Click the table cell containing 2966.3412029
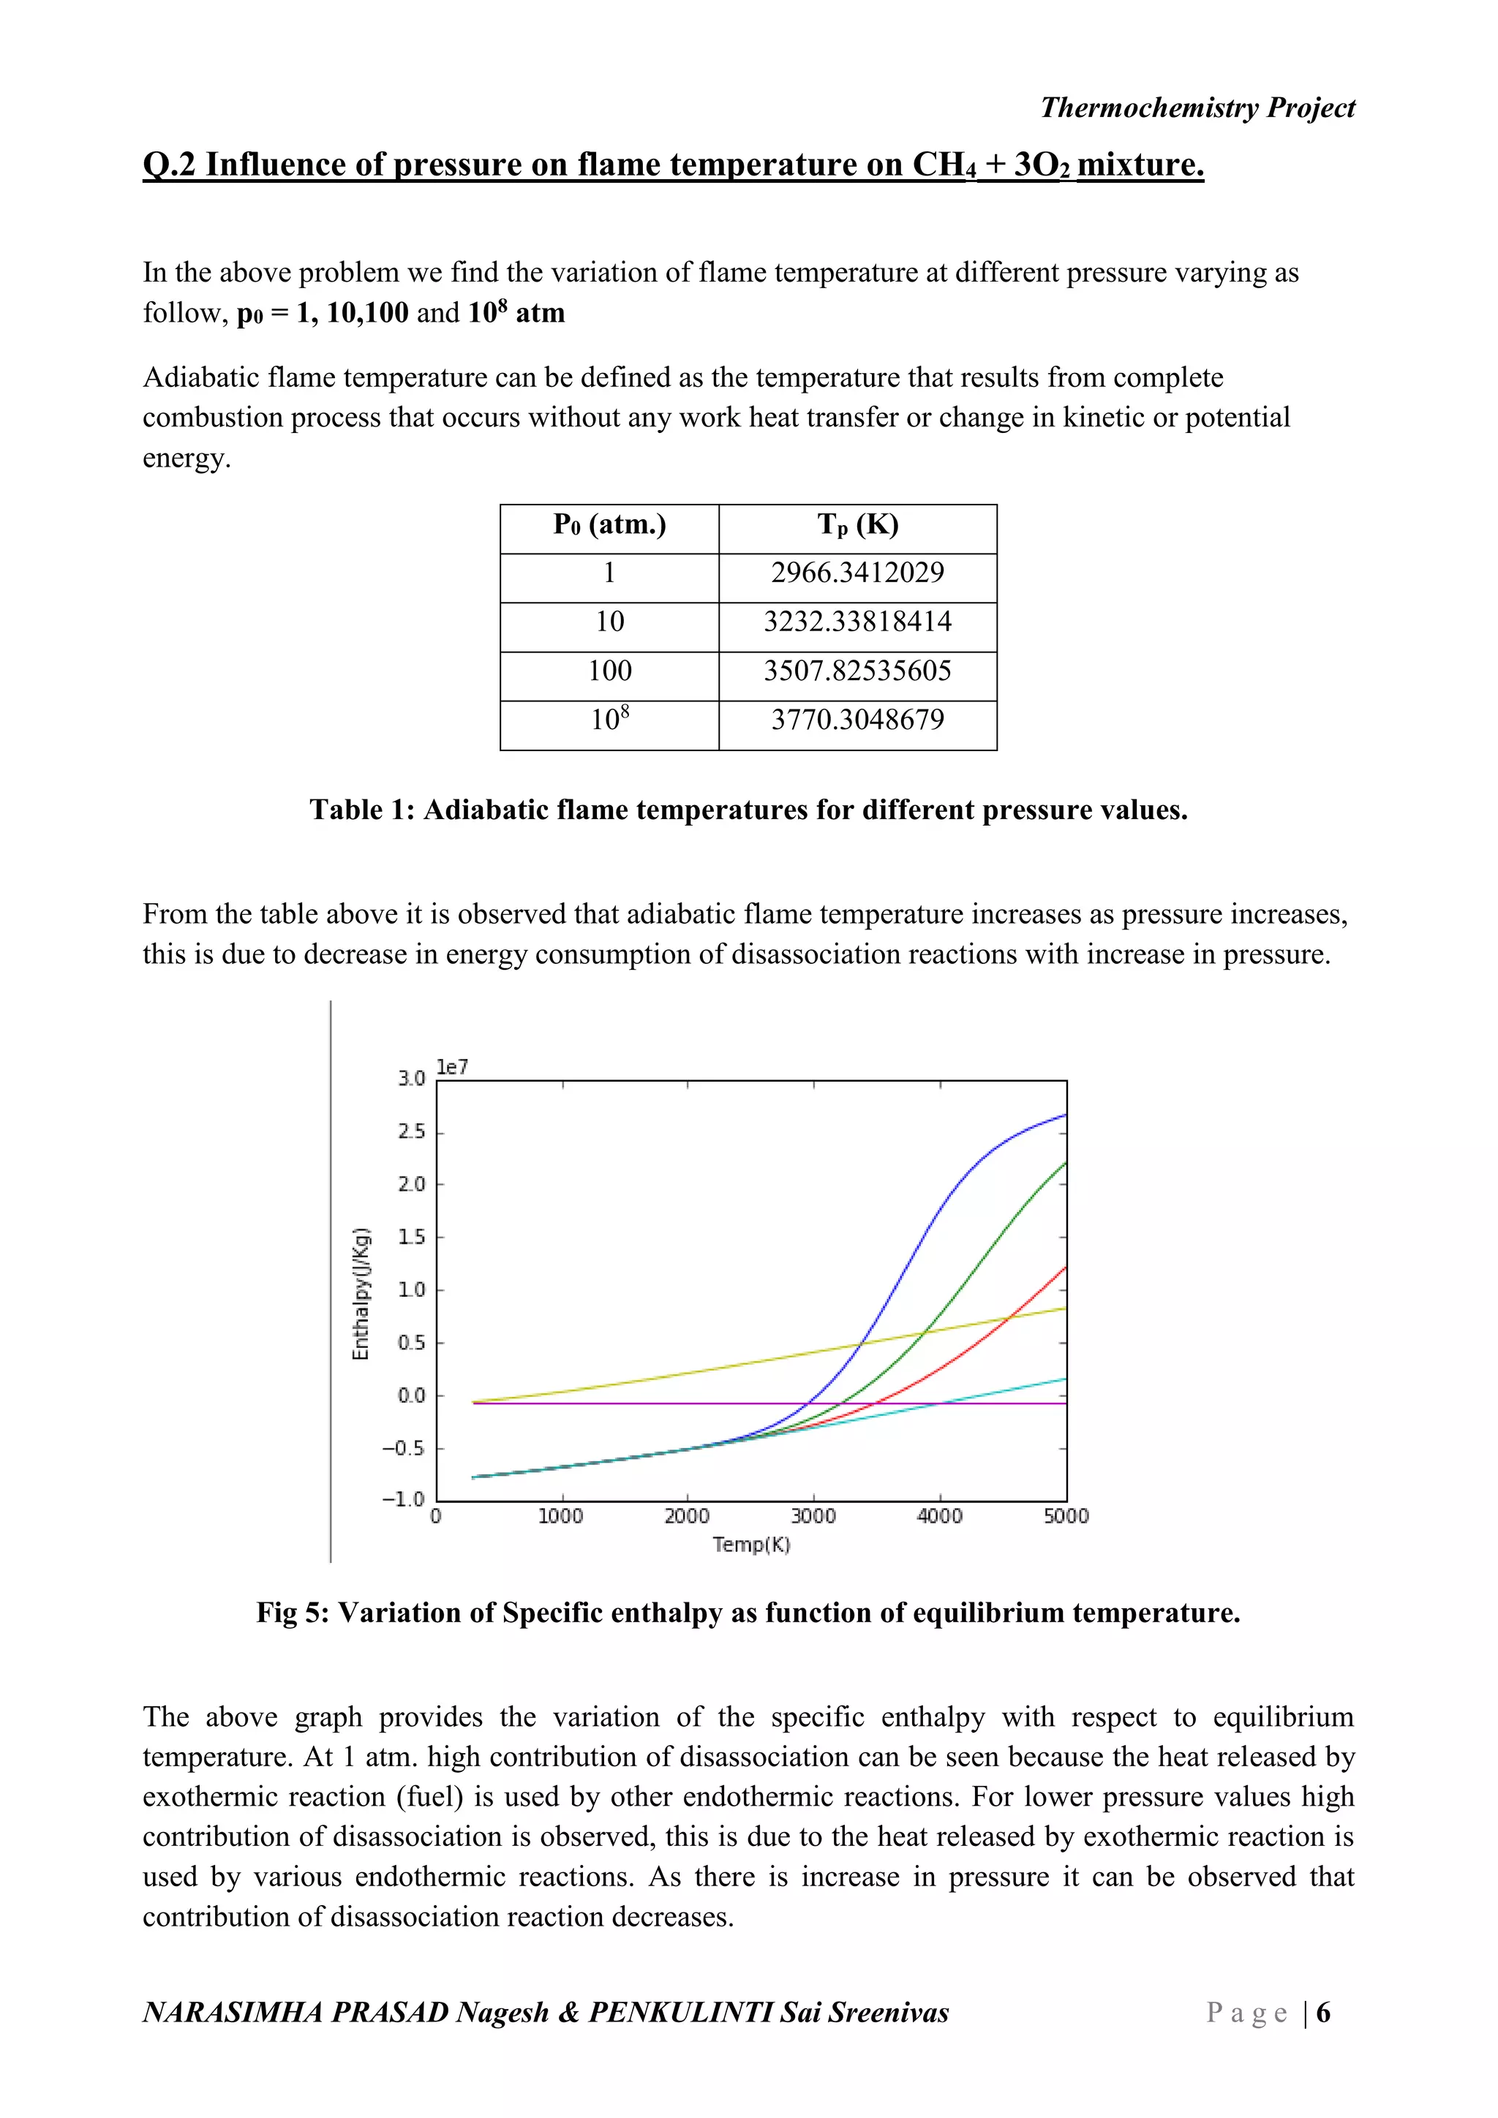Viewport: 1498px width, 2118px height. pyautogui.click(x=857, y=573)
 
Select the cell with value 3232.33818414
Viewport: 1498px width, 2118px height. pyautogui.click(x=857, y=622)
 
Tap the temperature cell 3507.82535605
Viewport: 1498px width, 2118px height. pyautogui.click(x=857, y=671)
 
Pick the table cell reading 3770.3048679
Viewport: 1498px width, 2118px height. pyautogui.click(x=857, y=720)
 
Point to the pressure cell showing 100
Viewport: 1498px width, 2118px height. pyautogui.click(x=610, y=671)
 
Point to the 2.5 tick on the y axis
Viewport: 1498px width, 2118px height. pyautogui.click(x=411, y=1132)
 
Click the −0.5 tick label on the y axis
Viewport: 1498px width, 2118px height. pyautogui.click(x=403, y=1448)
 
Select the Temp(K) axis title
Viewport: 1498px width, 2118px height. pyautogui.click(x=751, y=1544)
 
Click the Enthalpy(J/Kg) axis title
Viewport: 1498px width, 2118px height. pyautogui.click(x=361, y=1293)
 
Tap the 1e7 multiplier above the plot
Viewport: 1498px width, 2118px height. pyautogui.click(x=452, y=1067)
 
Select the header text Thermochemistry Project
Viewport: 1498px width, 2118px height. pyautogui.click(x=1197, y=108)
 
